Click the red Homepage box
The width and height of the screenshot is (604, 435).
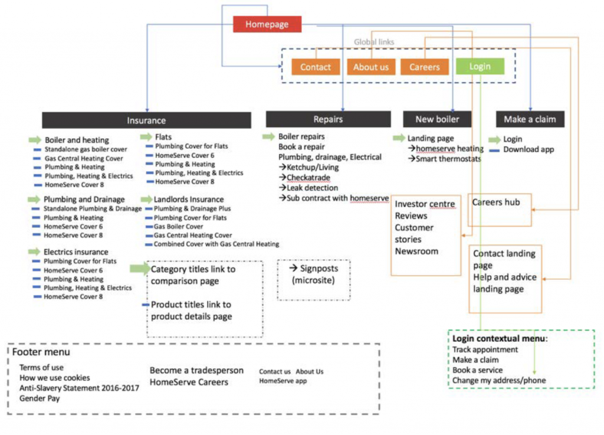coord(267,24)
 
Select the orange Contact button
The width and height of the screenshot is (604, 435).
coord(316,67)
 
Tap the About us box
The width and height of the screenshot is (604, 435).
coord(371,67)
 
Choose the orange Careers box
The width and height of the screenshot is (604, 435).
coord(425,67)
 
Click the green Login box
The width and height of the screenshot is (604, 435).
coord(480,66)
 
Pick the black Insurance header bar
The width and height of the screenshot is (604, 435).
coord(146,120)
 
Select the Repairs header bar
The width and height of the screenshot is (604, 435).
coord(328,119)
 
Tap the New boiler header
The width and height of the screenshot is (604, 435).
coord(437,119)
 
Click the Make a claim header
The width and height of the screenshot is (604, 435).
coord(530,119)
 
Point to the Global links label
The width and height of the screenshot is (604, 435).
coord(374,42)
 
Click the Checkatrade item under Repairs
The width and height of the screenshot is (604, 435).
coord(308,178)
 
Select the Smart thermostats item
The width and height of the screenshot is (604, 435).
coord(448,159)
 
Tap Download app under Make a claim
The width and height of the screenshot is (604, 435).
coord(528,149)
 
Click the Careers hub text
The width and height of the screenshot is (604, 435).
coord(496,202)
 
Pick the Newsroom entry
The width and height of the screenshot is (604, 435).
coord(416,251)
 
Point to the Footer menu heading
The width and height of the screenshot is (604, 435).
coord(41,352)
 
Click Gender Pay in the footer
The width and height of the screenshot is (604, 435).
coord(40,398)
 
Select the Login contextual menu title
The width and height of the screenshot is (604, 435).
coord(500,339)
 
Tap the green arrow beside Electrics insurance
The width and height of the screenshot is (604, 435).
coord(34,251)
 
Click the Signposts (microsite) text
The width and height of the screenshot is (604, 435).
coord(314,274)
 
